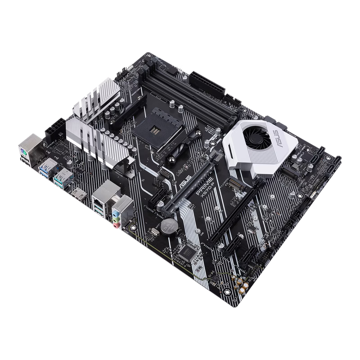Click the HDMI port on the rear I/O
coord(79,197)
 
